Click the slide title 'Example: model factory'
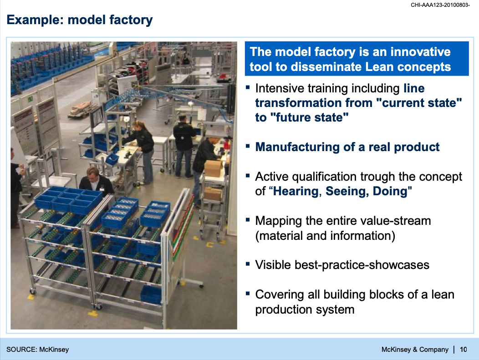[79, 20]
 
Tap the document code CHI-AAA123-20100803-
[440, 5]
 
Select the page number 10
[464, 350]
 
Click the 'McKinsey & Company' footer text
[415, 350]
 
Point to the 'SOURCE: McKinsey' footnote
[38, 350]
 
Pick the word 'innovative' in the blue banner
[420, 52]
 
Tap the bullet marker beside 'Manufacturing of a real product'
[248, 146]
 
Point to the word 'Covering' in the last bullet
[280, 295]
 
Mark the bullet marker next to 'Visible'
[248, 264]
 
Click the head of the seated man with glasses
[92, 174]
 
